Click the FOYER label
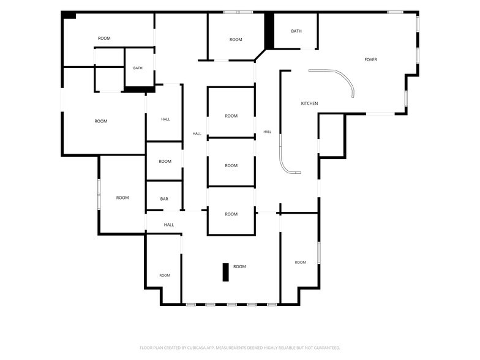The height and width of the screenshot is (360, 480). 370,60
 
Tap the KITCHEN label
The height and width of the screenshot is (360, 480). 309,103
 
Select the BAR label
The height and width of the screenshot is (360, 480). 164,199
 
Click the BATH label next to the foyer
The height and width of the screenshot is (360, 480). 296,31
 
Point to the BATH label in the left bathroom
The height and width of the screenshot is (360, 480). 138,68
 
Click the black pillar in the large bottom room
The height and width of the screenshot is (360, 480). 225,272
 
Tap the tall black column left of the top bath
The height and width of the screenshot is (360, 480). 269,31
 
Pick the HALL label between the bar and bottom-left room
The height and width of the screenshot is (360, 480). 169,225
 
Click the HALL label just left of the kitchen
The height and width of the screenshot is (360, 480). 267,132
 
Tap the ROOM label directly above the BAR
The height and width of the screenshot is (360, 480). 165,162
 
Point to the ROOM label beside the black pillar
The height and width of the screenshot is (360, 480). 239,267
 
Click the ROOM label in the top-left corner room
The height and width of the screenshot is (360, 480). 104,38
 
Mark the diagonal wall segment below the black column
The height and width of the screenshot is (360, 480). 260,54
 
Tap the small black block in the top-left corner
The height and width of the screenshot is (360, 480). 69,15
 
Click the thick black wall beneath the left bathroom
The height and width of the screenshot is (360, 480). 140,89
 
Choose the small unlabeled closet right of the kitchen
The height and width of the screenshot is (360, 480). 332,136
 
